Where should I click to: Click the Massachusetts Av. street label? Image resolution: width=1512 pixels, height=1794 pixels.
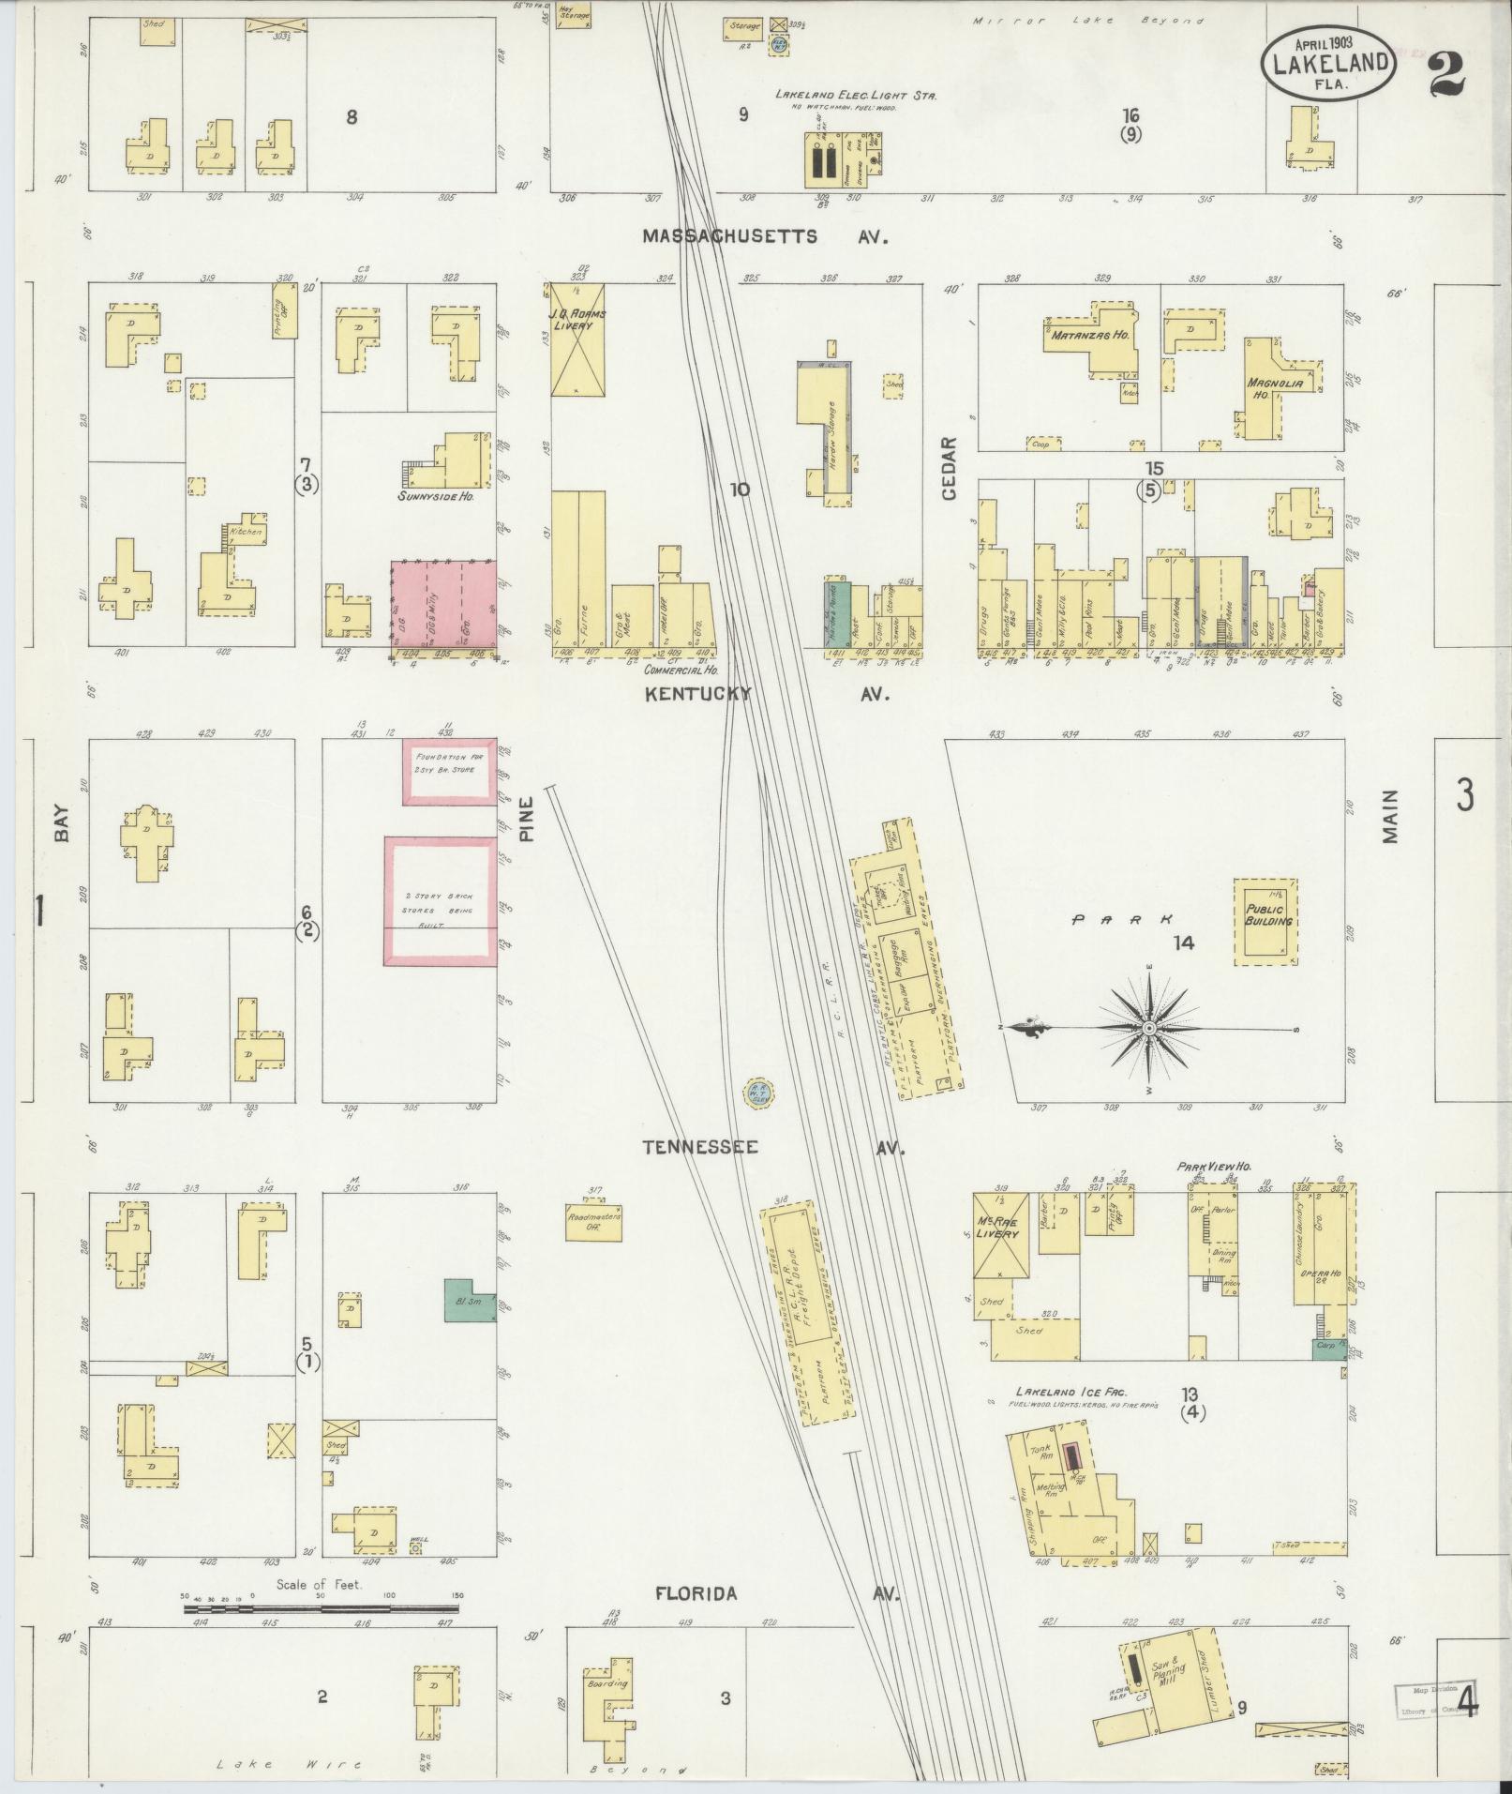(x=764, y=237)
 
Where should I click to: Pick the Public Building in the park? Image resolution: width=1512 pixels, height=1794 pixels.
(x=1265, y=922)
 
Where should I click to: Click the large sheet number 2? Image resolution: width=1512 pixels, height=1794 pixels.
(x=1448, y=74)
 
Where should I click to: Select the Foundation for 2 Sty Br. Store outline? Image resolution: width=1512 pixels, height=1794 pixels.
(x=447, y=771)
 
